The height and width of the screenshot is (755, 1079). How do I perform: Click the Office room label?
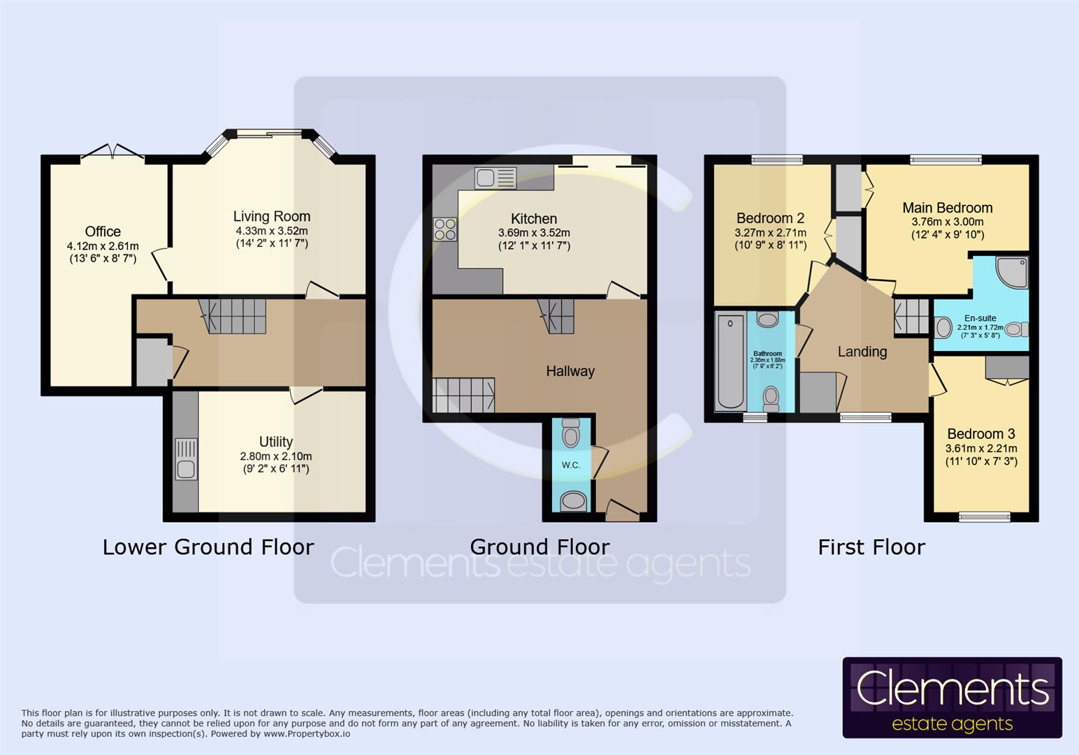(103, 231)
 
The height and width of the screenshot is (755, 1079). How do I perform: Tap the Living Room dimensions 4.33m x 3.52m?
(272, 231)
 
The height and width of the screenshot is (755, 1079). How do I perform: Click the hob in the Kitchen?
(445, 229)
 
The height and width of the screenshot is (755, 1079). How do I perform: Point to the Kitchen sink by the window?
(495, 178)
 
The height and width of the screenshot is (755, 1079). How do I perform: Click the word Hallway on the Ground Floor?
(570, 371)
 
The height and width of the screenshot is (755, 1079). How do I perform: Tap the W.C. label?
(571, 465)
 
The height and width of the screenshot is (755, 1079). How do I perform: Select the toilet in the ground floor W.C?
(571, 433)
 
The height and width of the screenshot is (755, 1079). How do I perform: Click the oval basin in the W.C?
(574, 501)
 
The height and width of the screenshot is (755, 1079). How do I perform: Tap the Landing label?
(862, 352)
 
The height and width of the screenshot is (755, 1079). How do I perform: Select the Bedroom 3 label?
(981, 433)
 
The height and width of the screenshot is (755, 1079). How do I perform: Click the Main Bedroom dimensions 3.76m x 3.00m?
(947, 222)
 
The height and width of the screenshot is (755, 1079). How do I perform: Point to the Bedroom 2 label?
(770, 218)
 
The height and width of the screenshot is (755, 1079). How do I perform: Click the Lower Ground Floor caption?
(208, 547)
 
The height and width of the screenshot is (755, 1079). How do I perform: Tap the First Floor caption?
(871, 547)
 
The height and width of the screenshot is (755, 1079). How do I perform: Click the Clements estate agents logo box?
(952, 698)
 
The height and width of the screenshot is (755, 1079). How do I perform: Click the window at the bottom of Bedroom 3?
(985, 517)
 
